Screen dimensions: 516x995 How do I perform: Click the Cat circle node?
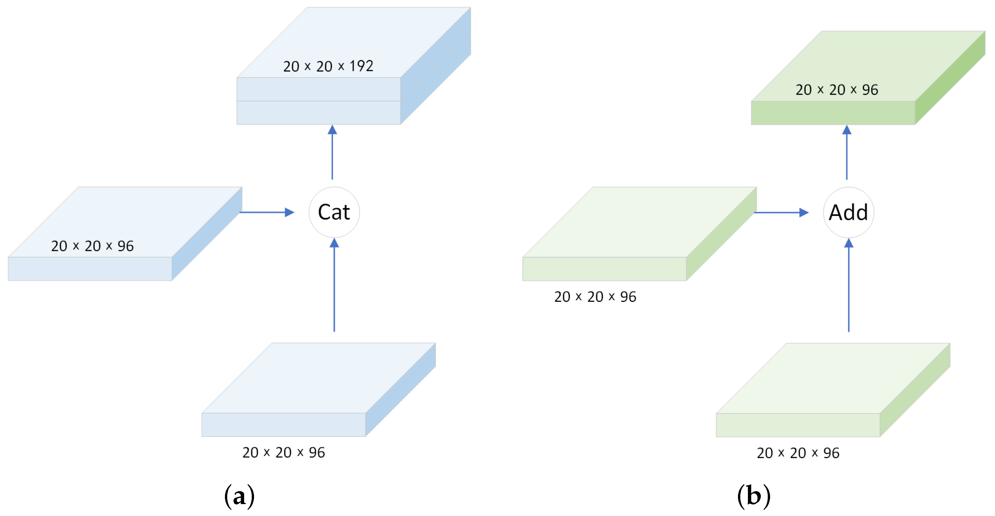tap(334, 212)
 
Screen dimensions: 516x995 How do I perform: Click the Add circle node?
tap(848, 212)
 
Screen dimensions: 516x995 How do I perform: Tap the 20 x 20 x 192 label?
tap(328, 66)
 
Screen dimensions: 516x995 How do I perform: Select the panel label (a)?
tap(239, 496)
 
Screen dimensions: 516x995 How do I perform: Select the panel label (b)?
tap(754, 496)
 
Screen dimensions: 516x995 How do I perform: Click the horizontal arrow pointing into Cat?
tap(267, 212)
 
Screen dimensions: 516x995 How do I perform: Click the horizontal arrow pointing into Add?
tap(781, 212)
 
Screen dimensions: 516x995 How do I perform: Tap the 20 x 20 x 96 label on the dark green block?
tap(837, 90)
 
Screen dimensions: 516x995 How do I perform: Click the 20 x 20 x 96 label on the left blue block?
tap(92, 246)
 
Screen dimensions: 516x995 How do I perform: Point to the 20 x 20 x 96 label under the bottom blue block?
tap(283, 452)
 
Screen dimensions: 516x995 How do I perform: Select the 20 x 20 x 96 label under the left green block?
tap(595, 297)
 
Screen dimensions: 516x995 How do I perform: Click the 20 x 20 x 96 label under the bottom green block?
tap(798, 452)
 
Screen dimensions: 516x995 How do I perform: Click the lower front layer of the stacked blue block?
tap(318, 113)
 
